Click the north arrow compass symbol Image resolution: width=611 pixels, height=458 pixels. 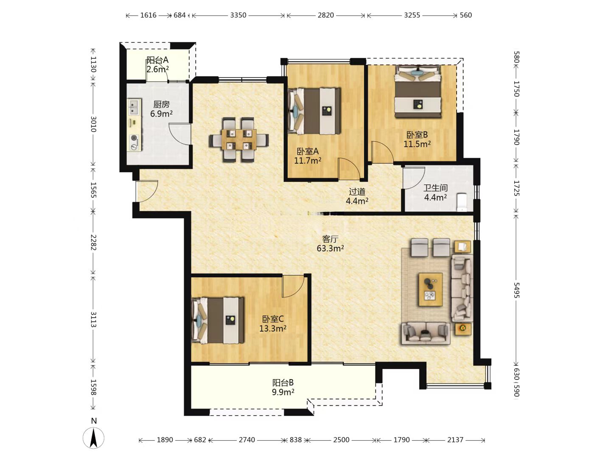point(93,437)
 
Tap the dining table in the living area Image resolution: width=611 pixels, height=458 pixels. point(239,140)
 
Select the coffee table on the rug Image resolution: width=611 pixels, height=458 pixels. point(431,290)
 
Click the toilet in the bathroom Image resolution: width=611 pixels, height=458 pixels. point(462,202)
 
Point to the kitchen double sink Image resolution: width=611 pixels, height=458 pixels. point(134,107)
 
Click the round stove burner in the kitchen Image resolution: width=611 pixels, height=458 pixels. point(135,138)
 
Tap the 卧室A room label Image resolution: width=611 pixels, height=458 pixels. point(308,151)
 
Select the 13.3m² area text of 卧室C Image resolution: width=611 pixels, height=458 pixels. point(273,328)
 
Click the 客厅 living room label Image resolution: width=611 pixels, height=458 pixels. point(330,239)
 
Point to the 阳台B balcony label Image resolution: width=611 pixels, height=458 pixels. point(283,383)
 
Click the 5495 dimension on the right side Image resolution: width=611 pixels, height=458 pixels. point(516,290)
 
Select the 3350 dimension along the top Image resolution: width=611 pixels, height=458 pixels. point(238,15)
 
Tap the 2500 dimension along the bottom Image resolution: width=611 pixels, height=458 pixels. point(341,440)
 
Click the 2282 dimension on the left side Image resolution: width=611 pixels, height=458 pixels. point(93,242)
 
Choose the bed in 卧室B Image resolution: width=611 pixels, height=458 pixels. point(418,92)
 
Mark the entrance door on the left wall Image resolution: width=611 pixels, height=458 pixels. point(147,191)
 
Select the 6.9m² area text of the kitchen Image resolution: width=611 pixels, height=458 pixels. point(161,114)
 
